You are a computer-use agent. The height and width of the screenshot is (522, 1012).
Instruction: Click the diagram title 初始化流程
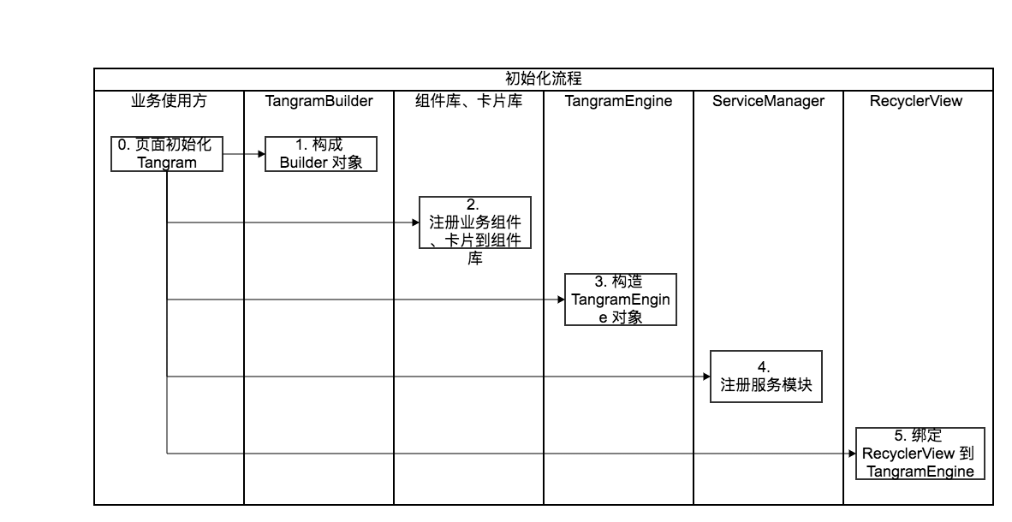coord(543,79)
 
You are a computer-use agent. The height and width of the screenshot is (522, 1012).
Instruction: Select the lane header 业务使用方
coord(169,101)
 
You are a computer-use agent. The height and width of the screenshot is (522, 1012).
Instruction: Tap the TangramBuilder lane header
coord(318,101)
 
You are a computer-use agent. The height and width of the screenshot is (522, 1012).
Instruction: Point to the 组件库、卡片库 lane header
coord(468,101)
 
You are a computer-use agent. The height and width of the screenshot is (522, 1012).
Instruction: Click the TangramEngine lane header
coord(618,101)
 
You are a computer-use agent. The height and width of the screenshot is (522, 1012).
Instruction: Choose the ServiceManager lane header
coord(768,101)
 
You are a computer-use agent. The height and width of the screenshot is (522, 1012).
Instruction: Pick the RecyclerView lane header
coord(918,101)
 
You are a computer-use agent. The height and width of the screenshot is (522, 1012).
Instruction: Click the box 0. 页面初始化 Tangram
coord(167,154)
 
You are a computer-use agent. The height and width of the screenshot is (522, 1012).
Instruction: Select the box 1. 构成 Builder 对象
coord(320,154)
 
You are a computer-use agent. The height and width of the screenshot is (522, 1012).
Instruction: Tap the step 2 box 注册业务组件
coord(474,222)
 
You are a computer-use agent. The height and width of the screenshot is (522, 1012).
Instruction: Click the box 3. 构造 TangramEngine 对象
coord(620,300)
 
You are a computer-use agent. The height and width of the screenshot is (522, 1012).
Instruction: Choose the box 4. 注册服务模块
coord(765,377)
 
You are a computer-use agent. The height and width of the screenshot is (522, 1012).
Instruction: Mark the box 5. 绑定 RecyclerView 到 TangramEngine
coord(918,454)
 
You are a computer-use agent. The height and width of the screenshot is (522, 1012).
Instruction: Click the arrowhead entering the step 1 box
coord(260,154)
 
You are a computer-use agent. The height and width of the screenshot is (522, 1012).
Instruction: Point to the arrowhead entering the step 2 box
coord(414,222)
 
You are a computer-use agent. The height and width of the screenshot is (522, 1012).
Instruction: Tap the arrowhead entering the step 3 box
coord(560,300)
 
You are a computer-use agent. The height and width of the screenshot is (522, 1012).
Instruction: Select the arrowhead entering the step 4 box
coord(705,377)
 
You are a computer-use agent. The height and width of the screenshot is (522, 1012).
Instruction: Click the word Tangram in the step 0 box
coord(167,163)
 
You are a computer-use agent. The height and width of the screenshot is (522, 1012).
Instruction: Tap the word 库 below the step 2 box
coord(474,258)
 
